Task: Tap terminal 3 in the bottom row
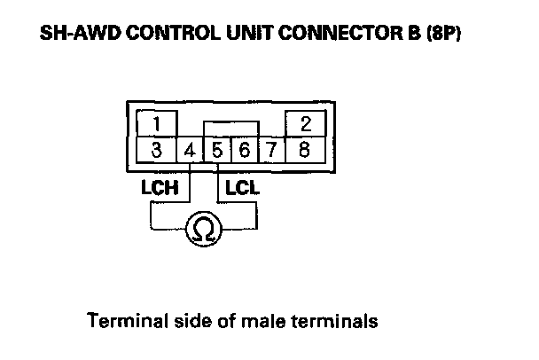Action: click(x=155, y=150)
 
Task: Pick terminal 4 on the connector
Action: click(x=190, y=150)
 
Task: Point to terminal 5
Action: click(x=217, y=150)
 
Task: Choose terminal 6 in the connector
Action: click(x=244, y=150)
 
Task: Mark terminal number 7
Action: click(x=271, y=150)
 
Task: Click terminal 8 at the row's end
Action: click(x=305, y=150)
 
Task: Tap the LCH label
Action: click(x=161, y=188)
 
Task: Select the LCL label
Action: click(x=241, y=188)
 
